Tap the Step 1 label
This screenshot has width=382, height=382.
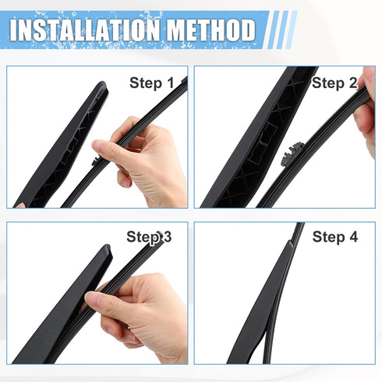coord(151,83)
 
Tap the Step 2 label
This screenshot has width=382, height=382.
coord(334,83)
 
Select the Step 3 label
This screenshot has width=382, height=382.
coord(149,236)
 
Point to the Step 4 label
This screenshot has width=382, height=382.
coord(334,236)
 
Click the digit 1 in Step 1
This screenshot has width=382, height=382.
coord(169,83)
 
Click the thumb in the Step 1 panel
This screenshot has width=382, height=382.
coord(109,148)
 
